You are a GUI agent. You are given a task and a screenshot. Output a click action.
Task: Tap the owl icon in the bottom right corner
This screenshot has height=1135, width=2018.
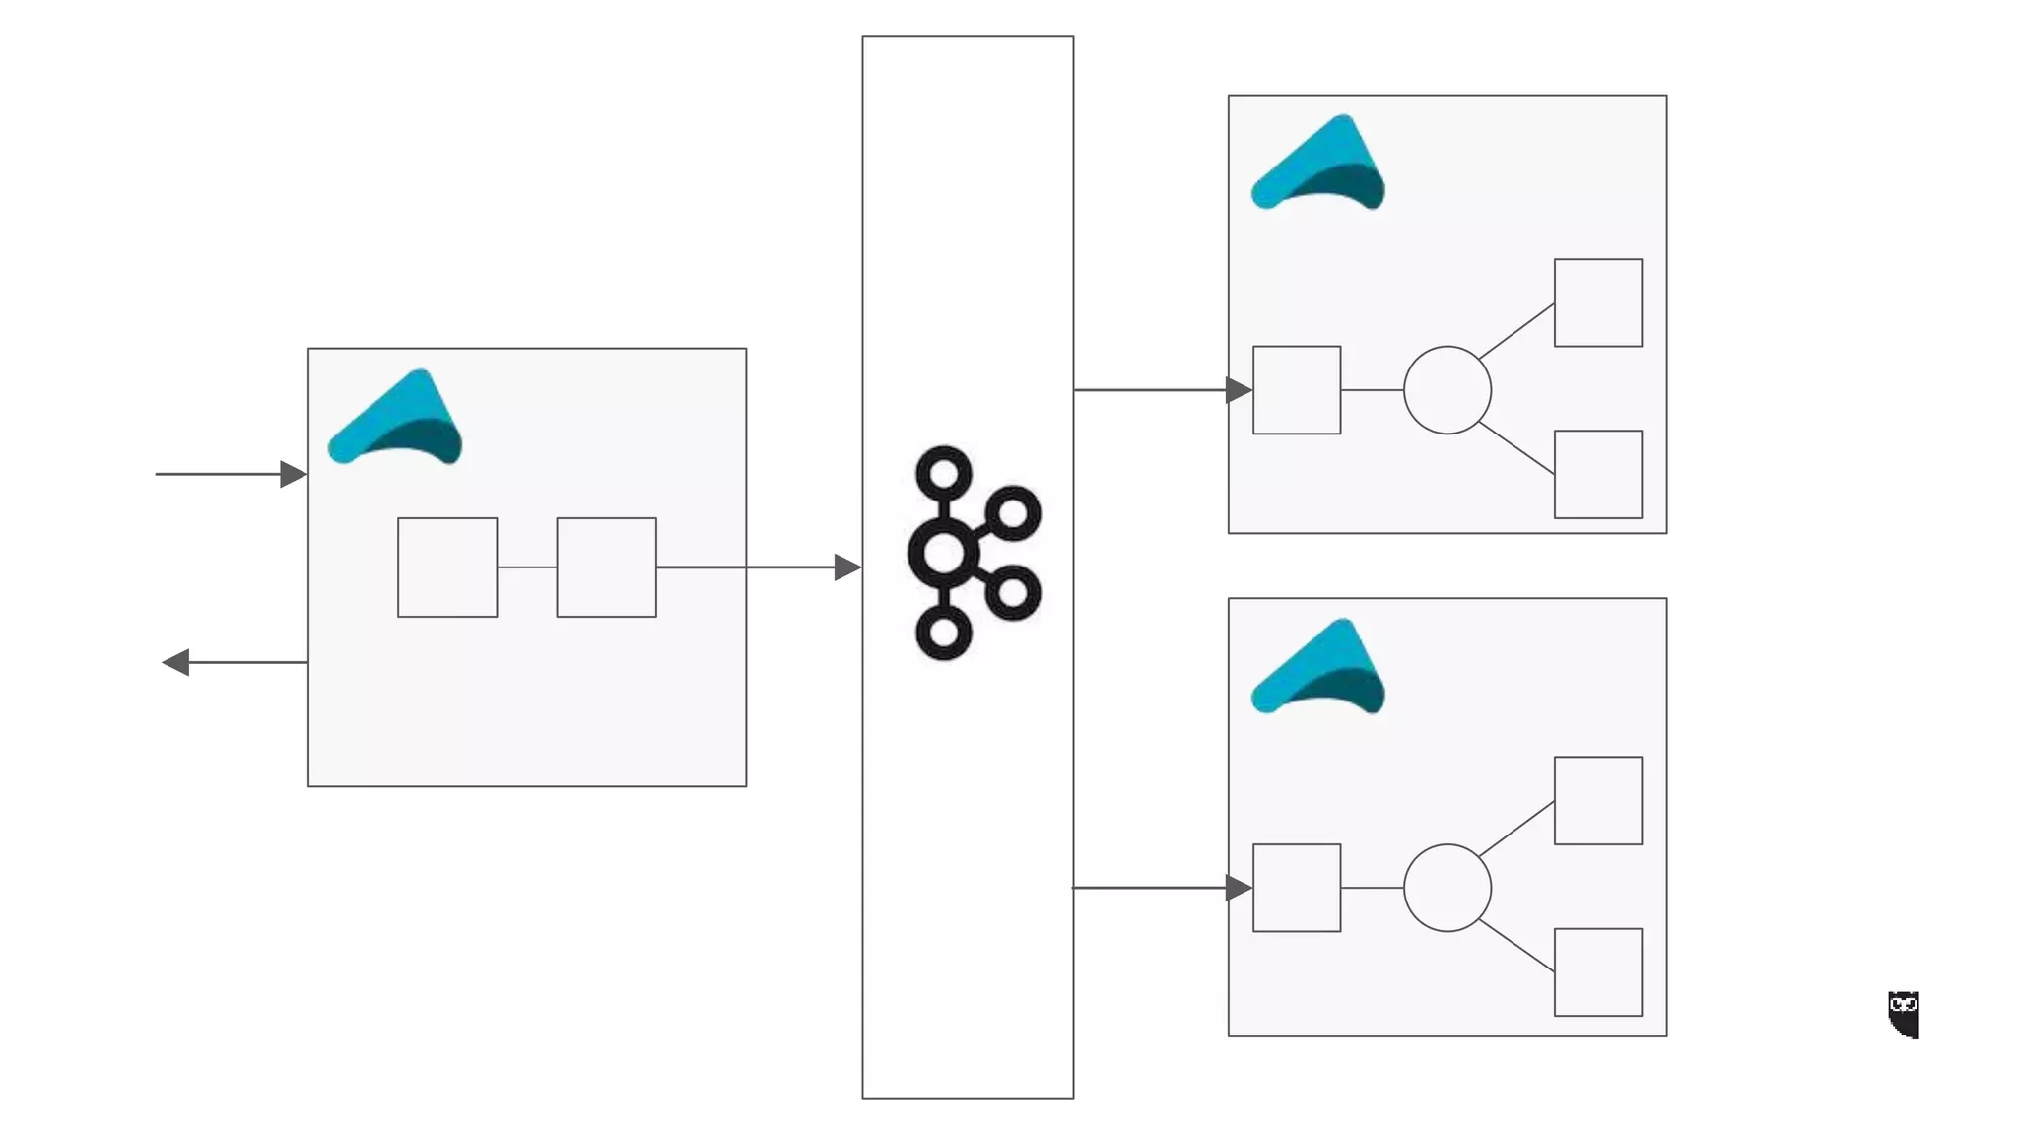1904,1014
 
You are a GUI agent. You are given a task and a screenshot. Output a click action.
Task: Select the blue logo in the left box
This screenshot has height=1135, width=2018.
396,418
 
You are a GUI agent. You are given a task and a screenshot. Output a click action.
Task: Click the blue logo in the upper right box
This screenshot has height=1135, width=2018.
1318,165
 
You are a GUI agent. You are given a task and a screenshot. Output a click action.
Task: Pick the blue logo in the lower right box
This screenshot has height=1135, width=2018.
1318,668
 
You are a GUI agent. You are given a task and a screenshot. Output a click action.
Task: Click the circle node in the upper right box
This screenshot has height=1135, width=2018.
1446,390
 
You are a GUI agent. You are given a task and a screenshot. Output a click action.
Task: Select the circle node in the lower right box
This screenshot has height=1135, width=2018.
1446,888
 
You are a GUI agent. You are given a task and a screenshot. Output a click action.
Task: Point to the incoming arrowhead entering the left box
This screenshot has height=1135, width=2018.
293,474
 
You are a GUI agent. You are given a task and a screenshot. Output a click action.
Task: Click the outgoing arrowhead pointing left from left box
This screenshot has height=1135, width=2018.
176,662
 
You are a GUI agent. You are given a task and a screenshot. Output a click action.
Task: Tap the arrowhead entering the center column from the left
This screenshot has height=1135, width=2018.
847,567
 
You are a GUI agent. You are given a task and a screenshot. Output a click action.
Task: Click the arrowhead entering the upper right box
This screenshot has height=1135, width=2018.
1239,390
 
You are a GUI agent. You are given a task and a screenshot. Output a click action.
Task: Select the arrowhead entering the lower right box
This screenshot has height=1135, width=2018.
1239,888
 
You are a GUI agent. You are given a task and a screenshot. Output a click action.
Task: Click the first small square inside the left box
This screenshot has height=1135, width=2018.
447,567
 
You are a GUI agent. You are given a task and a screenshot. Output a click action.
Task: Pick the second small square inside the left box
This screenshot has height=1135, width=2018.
606,567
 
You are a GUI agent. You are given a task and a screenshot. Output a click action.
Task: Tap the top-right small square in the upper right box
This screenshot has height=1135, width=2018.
1597,302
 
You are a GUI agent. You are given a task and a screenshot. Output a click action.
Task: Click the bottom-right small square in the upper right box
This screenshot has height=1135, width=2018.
1597,474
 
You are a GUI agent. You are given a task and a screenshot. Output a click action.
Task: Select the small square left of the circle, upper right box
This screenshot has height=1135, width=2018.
1296,390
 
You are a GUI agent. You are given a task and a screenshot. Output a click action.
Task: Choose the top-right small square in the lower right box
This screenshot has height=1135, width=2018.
1597,800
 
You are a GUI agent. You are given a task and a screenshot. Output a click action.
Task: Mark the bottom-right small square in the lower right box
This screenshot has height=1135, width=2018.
1597,971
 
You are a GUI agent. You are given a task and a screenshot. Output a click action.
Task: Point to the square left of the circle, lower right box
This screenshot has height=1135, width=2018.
1296,888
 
